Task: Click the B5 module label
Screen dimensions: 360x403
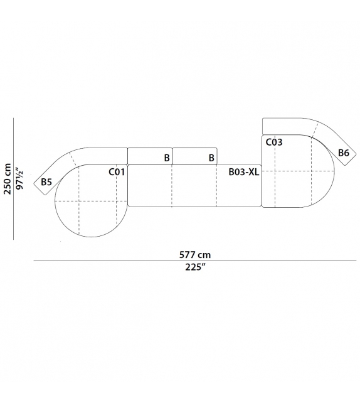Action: click(x=46, y=182)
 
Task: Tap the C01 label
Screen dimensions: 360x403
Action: click(x=117, y=172)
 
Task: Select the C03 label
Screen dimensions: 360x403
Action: click(x=273, y=142)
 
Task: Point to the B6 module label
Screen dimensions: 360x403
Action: click(x=344, y=153)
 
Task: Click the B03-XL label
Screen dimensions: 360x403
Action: click(x=244, y=172)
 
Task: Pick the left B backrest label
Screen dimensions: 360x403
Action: click(x=167, y=158)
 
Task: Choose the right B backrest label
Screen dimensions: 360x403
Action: click(x=211, y=158)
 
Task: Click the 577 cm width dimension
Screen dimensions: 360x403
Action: click(x=195, y=255)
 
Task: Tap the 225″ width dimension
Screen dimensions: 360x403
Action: click(x=196, y=267)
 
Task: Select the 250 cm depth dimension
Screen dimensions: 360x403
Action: click(x=8, y=179)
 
